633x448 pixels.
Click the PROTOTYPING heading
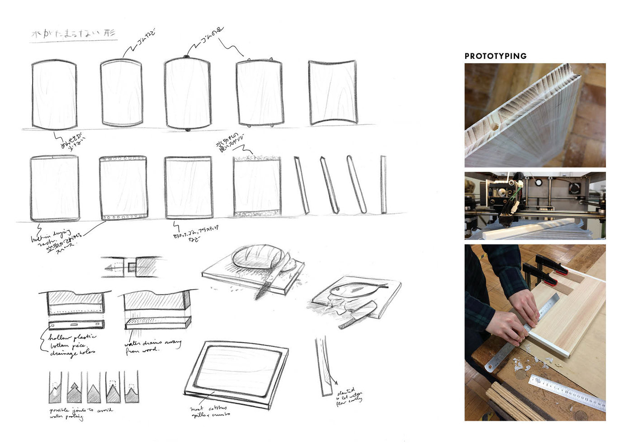496,56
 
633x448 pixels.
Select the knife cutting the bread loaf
269,281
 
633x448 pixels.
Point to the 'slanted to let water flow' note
349,396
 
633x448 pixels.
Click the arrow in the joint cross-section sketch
113,268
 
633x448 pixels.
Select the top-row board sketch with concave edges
333,92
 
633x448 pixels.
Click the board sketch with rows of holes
123,188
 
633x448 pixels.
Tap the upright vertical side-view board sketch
383,184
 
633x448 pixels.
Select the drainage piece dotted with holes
76,324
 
